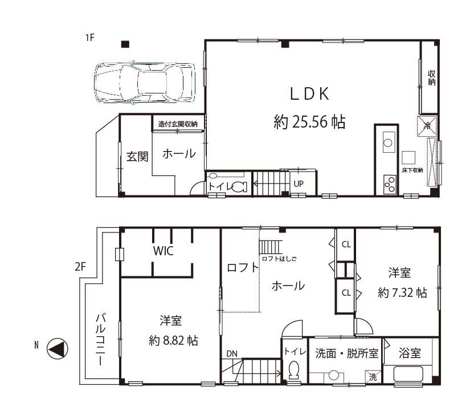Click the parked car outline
(x=144, y=83)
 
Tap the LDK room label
(x=309, y=93)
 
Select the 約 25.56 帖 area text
(x=309, y=122)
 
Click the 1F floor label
(x=90, y=38)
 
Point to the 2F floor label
(x=80, y=267)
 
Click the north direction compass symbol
(x=57, y=349)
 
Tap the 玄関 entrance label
(x=137, y=157)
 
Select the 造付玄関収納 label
(x=178, y=124)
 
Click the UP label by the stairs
(x=299, y=184)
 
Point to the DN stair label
(x=232, y=354)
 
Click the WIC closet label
(x=164, y=251)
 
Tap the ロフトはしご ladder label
(x=279, y=259)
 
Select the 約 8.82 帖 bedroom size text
(x=173, y=341)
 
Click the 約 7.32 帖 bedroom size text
(x=402, y=293)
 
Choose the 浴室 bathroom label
(x=410, y=353)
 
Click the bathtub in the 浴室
(x=408, y=374)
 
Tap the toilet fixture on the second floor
(x=293, y=370)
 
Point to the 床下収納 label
(x=412, y=170)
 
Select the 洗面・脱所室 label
(x=347, y=353)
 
